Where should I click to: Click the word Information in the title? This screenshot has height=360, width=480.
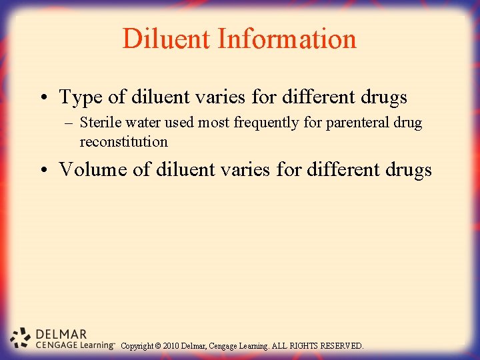point(286,39)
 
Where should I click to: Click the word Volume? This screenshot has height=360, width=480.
point(93,169)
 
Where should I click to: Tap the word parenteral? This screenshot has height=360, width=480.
point(353,123)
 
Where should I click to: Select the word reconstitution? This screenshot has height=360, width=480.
point(123,141)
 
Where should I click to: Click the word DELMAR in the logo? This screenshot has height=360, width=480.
point(61,334)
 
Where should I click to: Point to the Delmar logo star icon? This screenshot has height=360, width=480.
point(21,339)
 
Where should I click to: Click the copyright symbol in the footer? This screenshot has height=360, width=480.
point(157,346)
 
